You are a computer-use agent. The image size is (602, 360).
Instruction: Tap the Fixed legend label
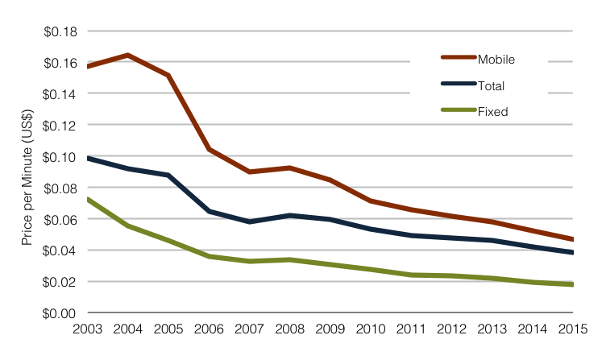[492, 112]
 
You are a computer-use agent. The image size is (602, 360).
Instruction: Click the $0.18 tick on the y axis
[60, 31]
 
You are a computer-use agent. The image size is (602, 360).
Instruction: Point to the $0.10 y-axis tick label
[60, 156]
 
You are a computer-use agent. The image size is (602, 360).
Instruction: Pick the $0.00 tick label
[60, 312]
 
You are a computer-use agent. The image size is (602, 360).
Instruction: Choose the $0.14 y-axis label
[60, 94]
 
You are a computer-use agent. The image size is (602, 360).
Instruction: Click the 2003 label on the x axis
[87, 329]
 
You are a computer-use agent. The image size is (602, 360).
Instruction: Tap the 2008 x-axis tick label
[289, 329]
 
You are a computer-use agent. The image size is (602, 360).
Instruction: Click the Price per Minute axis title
[27, 171]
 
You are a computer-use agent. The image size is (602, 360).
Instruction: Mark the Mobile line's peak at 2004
[128, 55]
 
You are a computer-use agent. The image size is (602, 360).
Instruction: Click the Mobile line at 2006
[209, 149]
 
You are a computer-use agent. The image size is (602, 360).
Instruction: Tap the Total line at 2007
[249, 221]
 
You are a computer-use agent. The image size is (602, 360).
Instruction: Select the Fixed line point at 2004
[128, 226]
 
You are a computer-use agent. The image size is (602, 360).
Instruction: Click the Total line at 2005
[168, 175]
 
